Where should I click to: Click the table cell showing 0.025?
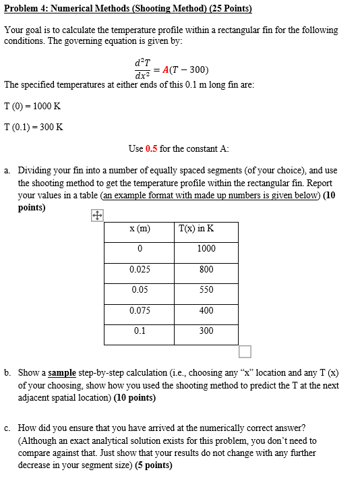(140, 269)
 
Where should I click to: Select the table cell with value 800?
(206, 269)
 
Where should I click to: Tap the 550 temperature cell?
(206, 289)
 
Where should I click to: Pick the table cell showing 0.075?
(140, 310)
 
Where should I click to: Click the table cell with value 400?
(206, 310)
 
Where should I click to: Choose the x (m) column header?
(140, 229)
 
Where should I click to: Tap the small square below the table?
(245, 351)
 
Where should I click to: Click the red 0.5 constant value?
(151, 148)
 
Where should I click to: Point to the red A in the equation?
(167, 70)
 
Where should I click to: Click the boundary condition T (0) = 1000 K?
(32, 106)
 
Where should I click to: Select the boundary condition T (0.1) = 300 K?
(33, 127)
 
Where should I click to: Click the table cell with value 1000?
(206, 248)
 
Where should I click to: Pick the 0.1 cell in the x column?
(140, 330)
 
